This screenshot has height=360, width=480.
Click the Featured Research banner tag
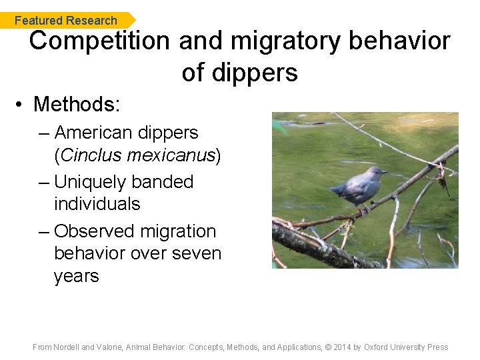pos(66,21)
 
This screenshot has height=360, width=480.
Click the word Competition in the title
pos(99,41)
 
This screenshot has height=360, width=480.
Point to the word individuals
pos(97,204)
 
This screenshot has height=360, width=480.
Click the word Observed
pos(93,231)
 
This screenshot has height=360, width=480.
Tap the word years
pos(76,276)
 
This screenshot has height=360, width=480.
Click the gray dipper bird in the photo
pos(359,187)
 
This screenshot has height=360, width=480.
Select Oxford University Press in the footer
pos(406,347)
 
